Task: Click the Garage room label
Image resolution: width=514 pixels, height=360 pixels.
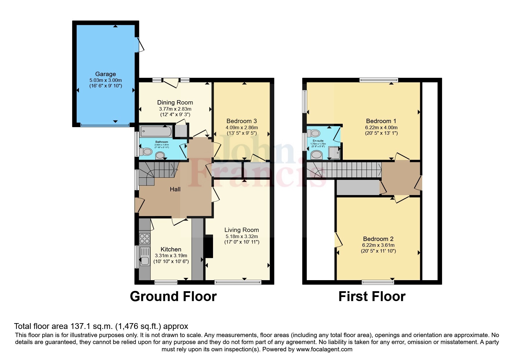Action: click(105, 74)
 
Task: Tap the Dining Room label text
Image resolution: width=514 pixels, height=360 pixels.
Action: click(175, 102)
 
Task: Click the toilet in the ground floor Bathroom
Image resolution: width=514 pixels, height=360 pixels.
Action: click(146, 152)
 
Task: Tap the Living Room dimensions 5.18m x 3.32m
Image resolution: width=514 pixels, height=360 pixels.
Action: click(241, 237)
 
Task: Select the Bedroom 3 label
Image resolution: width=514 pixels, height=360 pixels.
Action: click(241, 121)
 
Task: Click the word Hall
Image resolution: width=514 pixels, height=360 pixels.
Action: click(175, 189)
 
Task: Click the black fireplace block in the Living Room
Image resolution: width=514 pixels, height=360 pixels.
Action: click(209, 246)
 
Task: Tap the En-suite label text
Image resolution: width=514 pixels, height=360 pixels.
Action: click(318, 141)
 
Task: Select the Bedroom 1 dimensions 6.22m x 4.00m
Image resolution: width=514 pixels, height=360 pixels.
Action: click(381, 127)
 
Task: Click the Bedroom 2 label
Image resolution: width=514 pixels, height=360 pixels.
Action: click(378, 239)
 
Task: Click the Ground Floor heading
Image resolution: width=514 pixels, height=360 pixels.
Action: click(173, 296)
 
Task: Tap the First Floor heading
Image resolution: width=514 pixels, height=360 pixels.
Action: click(372, 296)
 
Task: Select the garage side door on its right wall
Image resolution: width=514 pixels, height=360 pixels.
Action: click(140, 45)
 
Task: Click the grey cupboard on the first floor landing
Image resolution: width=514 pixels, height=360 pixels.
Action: click(358, 188)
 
